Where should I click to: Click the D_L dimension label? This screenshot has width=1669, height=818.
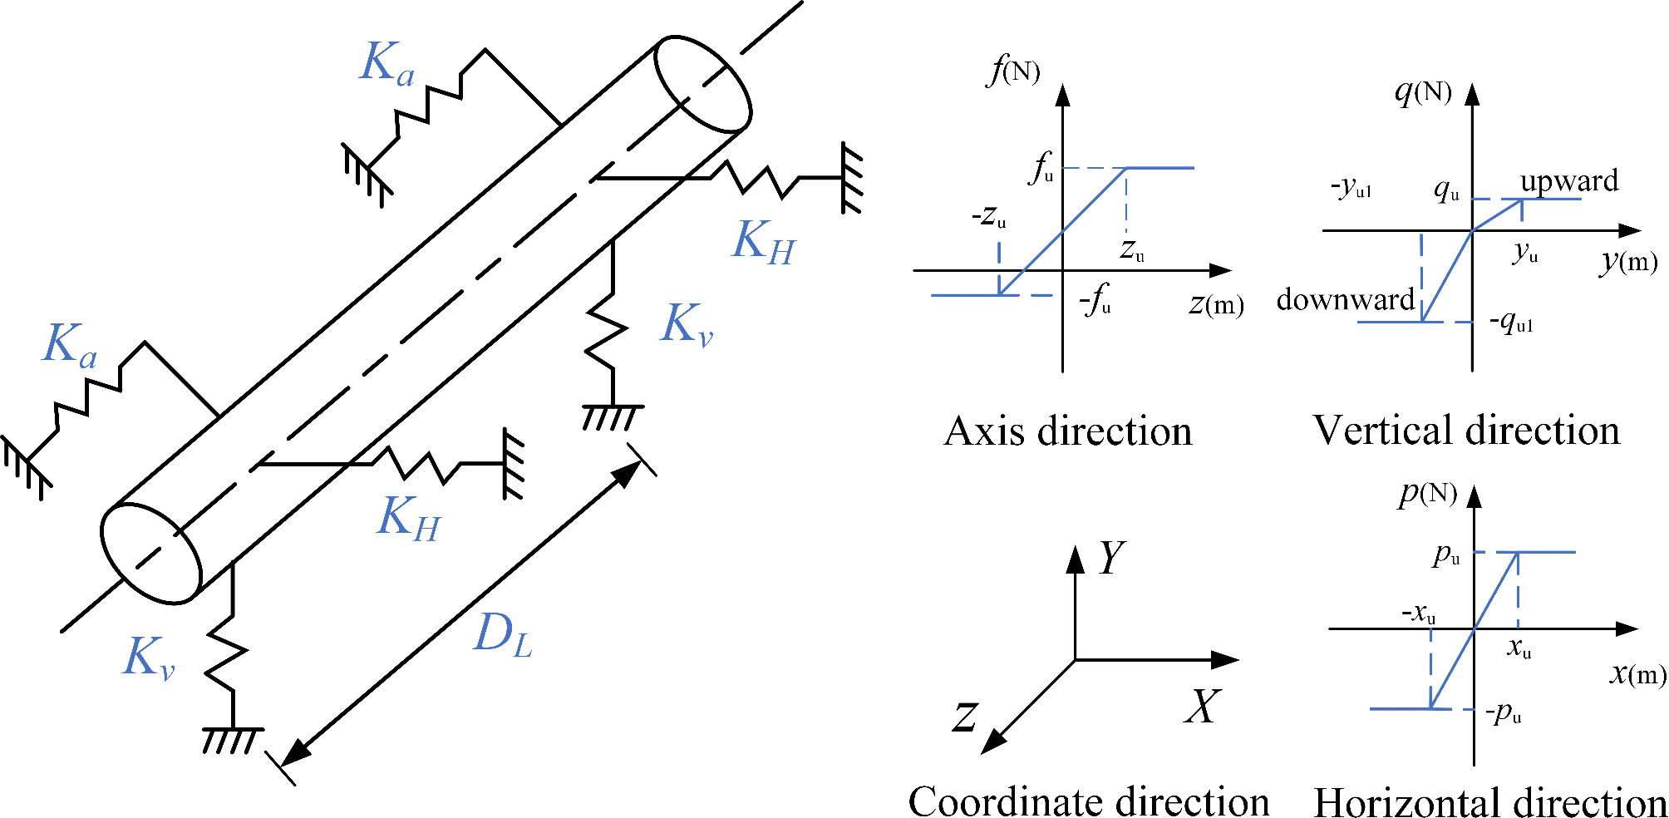coord(503,636)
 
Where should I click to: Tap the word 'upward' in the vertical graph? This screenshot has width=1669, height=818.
coord(1569,181)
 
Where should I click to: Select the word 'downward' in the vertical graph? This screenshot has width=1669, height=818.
coord(1346,299)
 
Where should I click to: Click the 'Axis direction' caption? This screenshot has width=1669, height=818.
coord(1068,431)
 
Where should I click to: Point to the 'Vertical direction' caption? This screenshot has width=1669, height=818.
coord(1466,431)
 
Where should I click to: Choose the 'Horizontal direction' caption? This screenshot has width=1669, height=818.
coord(1489,803)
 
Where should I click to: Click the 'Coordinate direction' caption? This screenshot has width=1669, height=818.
coord(1089,802)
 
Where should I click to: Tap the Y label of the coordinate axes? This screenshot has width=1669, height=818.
coord(1111,558)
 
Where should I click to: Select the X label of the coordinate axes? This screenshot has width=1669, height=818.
coord(1202,707)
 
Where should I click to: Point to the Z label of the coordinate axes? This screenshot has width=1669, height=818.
coord(965,716)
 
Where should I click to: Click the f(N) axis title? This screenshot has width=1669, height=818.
coord(1013,71)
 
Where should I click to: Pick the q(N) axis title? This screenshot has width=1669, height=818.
coord(1423,91)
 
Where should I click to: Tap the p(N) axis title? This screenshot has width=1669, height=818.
coord(1427,494)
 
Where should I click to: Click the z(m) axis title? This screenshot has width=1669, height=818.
coord(1216,305)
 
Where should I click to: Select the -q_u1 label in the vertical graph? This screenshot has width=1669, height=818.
coord(1511,322)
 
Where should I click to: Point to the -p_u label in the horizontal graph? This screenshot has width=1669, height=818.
coord(1504,713)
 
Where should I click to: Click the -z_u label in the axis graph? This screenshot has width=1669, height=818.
coord(989,218)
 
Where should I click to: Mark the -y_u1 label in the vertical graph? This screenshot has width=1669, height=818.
coord(1351,188)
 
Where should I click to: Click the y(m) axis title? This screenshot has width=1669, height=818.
coord(1628,262)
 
